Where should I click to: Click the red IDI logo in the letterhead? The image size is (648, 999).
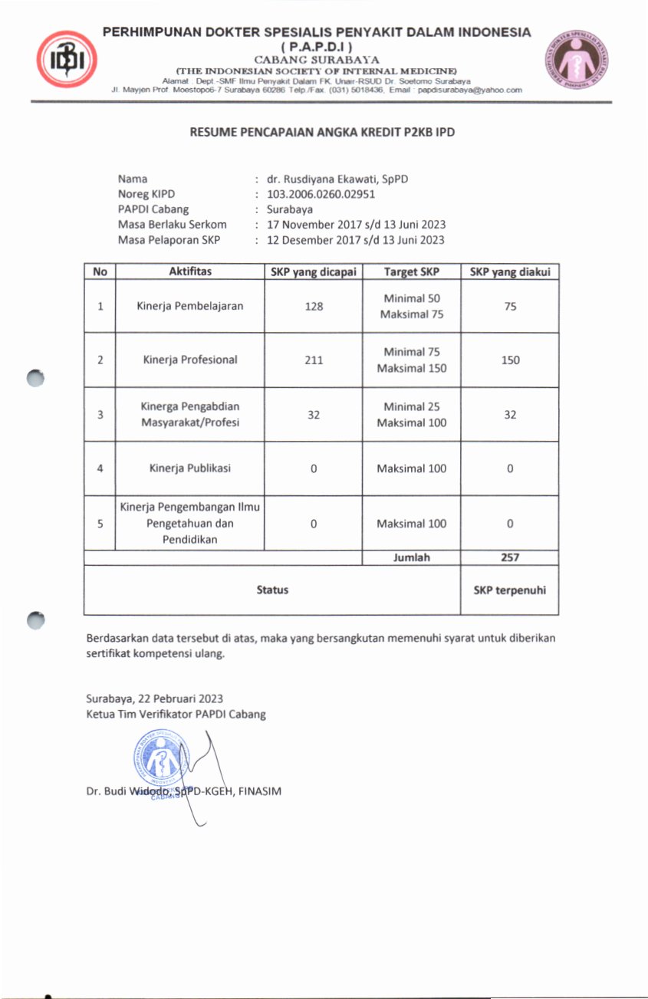(67, 59)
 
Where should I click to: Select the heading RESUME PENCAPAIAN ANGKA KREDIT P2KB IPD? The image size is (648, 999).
(323, 133)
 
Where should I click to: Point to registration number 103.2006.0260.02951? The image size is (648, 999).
(321, 194)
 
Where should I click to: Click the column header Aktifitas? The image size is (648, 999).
(189, 271)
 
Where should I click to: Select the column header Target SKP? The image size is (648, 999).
(411, 271)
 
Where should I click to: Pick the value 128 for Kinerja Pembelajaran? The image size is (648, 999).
(313, 306)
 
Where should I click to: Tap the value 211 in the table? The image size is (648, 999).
(313, 360)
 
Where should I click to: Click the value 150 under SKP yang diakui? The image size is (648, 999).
(510, 360)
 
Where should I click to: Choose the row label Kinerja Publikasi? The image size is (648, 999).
(189, 468)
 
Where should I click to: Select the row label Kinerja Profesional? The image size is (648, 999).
(189, 360)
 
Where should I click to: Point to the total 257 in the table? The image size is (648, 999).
(510, 557)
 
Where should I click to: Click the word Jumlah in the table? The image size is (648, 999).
(411, 557)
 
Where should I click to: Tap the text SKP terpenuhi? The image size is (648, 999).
(510, 590)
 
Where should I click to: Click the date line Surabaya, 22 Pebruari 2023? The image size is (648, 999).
(154, 698)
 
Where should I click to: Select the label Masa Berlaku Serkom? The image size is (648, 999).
(172, 225)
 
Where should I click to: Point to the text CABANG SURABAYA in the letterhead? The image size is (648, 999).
(316, 58)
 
